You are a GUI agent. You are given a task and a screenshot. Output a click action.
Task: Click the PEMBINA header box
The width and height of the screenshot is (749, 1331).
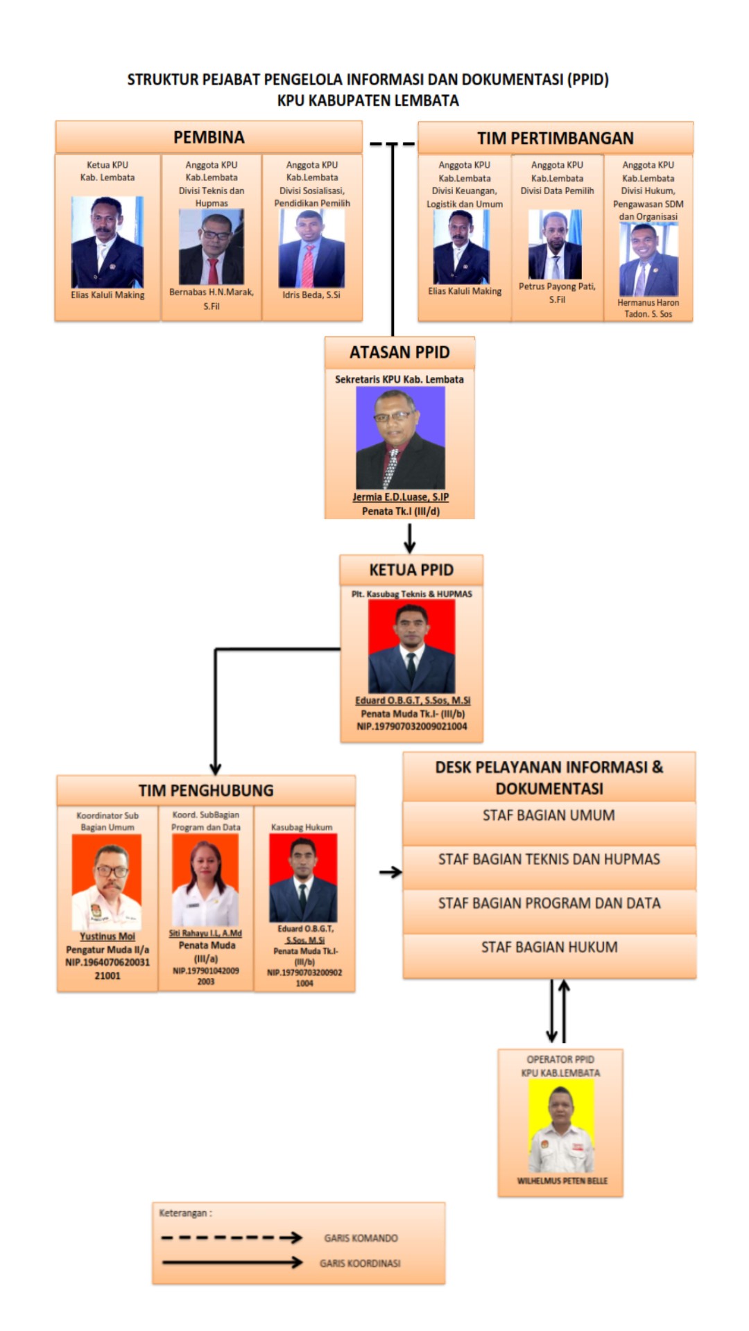click(209, 137)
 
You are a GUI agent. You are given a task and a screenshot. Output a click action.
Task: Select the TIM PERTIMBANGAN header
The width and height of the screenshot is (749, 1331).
click(555, 138)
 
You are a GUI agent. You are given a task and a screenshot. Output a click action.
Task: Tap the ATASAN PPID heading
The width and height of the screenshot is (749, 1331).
click(399, 352)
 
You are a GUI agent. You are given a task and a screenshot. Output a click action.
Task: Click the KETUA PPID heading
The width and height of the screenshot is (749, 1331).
click(411, 570)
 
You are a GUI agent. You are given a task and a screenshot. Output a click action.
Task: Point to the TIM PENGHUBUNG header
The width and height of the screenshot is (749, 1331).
click(206, 790)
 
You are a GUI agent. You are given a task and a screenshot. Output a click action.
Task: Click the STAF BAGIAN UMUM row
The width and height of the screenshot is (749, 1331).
click(549, 816)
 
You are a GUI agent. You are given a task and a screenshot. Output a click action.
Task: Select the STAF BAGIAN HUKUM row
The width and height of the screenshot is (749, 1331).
click(549, 948)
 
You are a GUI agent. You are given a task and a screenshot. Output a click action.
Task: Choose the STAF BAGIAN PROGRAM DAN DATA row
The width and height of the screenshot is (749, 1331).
click(549, 903)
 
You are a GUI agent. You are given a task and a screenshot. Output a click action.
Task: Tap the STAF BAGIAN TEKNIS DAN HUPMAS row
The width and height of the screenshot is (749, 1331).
click(549, 860)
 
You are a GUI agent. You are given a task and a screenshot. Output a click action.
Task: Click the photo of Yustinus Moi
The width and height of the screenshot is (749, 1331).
click(107, 882)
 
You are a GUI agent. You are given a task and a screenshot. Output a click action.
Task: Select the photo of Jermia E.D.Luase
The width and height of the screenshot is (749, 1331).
click(400, 438)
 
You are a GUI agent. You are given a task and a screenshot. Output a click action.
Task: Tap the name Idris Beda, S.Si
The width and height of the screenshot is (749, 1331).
click(311, 295)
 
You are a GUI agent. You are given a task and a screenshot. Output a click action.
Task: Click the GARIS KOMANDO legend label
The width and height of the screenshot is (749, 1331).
click(361, 1238)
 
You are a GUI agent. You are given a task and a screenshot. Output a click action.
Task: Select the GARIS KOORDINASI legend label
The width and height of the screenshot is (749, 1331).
click(360, 1263)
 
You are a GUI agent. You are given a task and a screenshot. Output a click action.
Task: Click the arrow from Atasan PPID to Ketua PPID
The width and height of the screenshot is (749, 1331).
click(410, 538)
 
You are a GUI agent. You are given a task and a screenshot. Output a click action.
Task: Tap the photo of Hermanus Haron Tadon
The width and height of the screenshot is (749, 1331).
click(648, 260)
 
